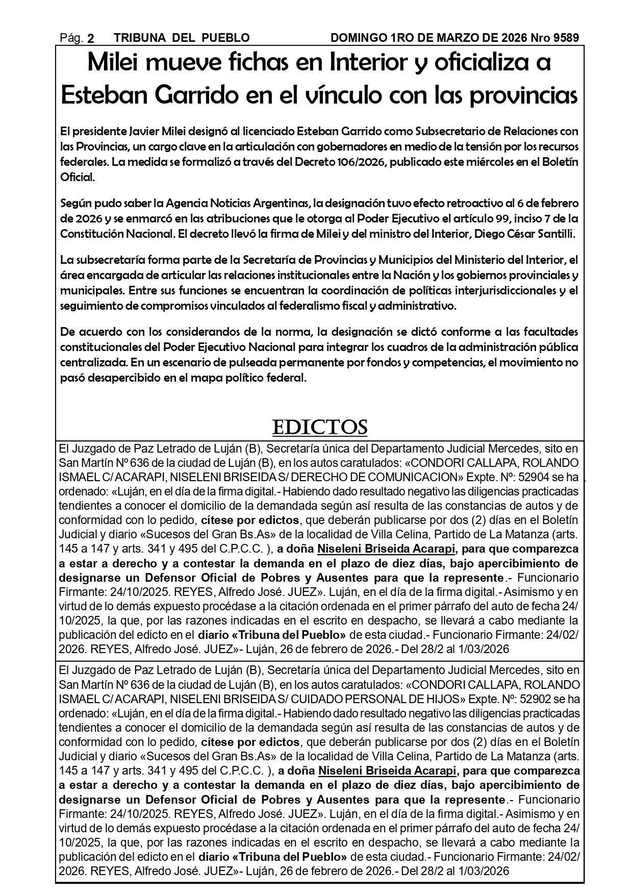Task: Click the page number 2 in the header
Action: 91,38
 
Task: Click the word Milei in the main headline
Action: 114,63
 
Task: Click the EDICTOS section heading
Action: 320,427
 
